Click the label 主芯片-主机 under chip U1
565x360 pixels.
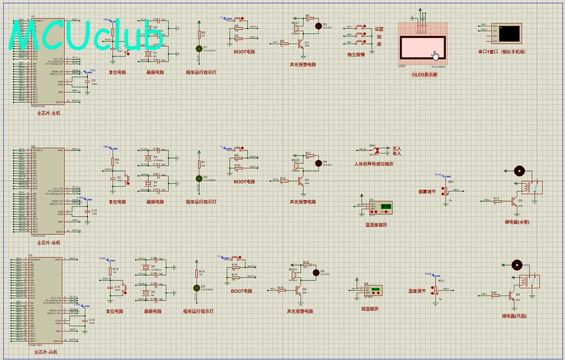pyautogui.click(x=48, y=113)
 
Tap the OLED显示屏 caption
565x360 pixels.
pyautogui.click(x=424, y=75)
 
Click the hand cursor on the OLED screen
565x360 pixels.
pyautogui.click(x=436, y=55)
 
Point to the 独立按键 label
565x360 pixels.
pyautogui.click(x=356, y=55)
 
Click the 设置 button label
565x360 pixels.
pyautogui.click(x=380, y=30)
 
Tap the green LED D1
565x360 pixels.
pyautogui.click(x=199, y=48)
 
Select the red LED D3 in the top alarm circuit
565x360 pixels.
pyautogui.click(x=318, y=25)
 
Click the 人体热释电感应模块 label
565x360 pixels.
pyautogui.click(x=373, y=164)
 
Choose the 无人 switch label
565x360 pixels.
pyautogui.click(x=397, y=148)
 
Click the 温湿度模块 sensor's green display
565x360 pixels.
pyautogui.click(x=386, y=207)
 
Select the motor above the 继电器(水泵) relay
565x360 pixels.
pyautogui.click(x=519, y=170)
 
